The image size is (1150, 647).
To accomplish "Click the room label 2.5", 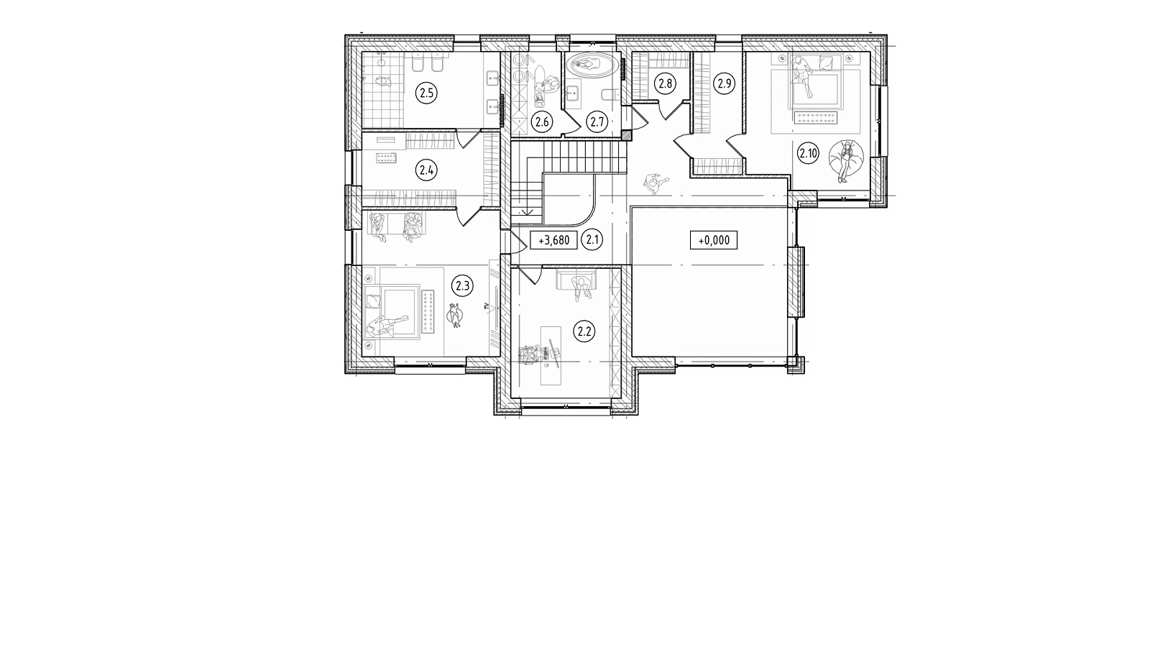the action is pos(426,93).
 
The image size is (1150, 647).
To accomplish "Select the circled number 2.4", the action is pos(426,170).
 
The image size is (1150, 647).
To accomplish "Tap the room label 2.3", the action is pos(462,285).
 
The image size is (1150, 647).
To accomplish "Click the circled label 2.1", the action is pos(593,240).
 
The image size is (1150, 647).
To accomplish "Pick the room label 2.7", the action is pos(597,122).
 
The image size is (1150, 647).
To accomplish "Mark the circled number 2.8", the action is pos(666,83).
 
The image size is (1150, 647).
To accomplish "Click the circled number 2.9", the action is pos(724,83).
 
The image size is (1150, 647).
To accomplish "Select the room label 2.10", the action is pos(808,153).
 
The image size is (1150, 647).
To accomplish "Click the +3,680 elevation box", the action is pos(554,240).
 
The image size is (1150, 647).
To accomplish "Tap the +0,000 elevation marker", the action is pos(714,240).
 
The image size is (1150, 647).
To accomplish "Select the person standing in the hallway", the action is pos(655,183).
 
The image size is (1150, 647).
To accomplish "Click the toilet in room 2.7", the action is pos(608,96).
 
